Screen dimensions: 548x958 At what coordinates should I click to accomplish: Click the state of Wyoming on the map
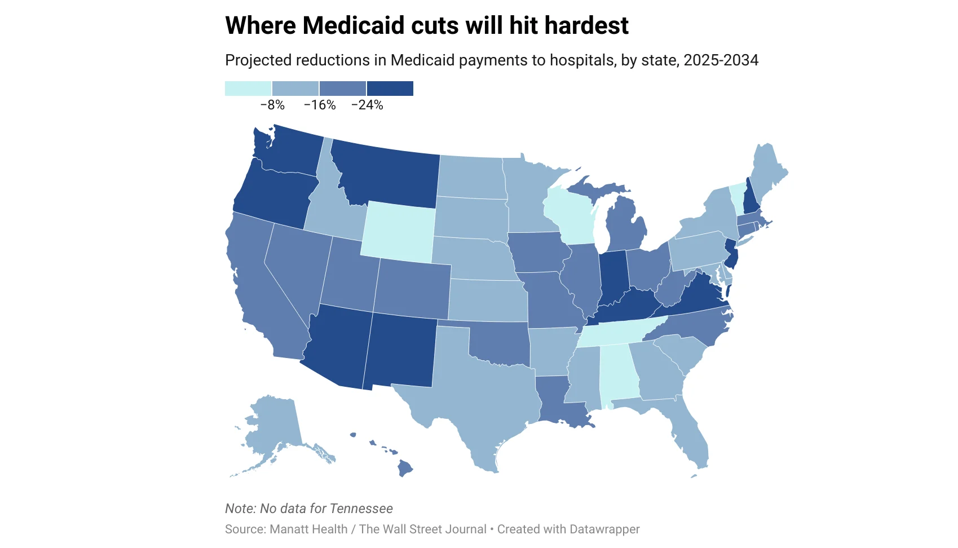click(x=398, y=231)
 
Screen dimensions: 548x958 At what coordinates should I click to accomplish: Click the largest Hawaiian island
click(x=405, y=467)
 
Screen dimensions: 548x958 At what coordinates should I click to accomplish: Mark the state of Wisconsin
click(x=569, y=217)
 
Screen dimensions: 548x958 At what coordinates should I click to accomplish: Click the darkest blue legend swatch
click(x=390, y=89)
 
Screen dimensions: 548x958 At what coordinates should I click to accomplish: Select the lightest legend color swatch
click(x=248, y=89)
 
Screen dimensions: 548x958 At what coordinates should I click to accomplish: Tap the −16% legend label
click(x=320, y=105)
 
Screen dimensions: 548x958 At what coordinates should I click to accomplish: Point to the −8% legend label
click(x=272, y=105)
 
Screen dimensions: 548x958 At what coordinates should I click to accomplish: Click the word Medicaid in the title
click(x=356, y=25)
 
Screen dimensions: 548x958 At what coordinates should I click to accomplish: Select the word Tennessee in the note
click(x=361, y=509)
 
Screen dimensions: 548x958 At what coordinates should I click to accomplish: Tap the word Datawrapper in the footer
click(x=604, y=529)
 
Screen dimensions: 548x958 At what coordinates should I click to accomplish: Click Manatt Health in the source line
click(x=308, y=529)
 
